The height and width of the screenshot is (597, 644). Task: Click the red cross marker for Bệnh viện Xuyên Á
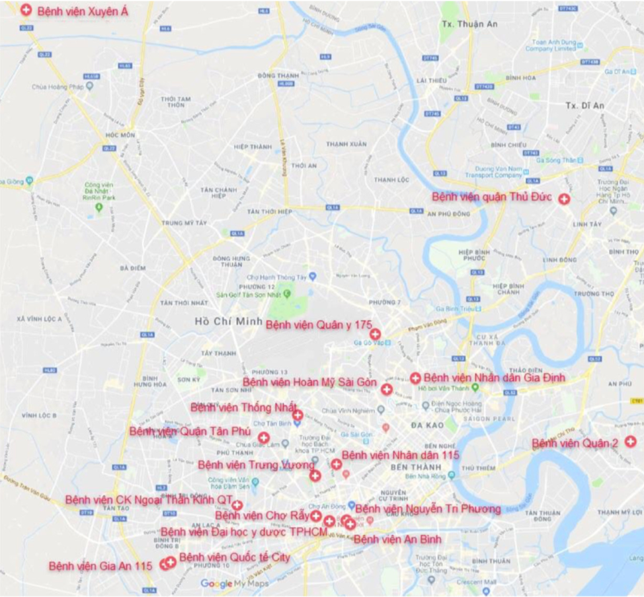pos(26,11)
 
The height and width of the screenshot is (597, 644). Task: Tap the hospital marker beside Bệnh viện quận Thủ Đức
pos(564,199)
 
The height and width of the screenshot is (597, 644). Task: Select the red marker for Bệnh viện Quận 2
pos(631,442)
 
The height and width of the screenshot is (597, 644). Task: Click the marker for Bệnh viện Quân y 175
pos(375,334)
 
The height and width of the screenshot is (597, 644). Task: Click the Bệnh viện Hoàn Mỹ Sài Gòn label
pos(309,382)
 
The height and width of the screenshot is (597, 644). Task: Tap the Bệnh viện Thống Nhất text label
pos(243,407)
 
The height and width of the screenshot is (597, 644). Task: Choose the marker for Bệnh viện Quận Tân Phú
pos(263,437)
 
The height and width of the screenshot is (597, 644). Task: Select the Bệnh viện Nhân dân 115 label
pos(400,455)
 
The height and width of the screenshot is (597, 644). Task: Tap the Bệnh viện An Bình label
pos(397,540)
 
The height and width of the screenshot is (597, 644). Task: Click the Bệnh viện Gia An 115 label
pos(101,566)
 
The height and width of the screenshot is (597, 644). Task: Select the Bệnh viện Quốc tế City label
pos(234,557)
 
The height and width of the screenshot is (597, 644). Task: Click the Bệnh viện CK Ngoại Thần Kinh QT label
pos(149,500)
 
